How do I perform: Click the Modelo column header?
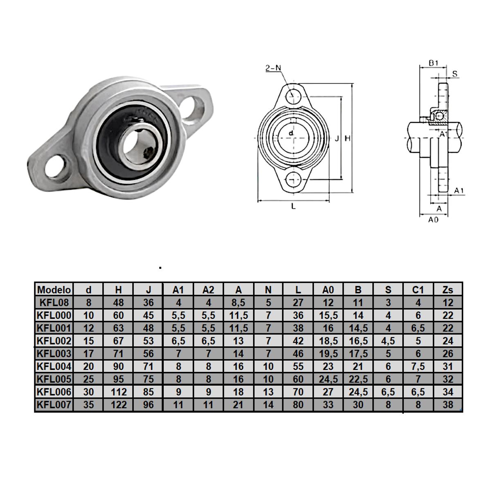coord(54,290)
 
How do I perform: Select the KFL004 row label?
coord(54,366)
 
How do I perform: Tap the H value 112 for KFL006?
coord(119,392)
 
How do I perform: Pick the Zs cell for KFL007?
coord(448,405)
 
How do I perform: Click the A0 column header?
coord(328,290)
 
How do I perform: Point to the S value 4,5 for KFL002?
coord(388,341)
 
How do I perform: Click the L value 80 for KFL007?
coord(298,405)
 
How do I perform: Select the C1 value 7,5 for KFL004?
coord(418,366)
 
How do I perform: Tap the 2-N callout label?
coord(273,68)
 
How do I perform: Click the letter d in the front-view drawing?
coord(291,133)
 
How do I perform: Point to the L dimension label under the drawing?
coord(293,207)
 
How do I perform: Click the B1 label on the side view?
coord(434,63)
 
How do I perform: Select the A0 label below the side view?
coord(433,220)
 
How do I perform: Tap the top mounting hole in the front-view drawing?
coord(293,97)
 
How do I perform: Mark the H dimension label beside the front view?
coord(347,139)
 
